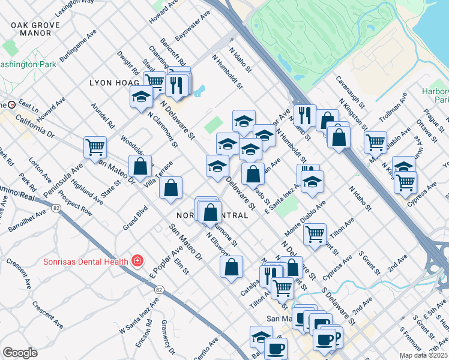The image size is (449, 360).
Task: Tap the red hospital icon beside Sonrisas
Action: (x=137, y=260)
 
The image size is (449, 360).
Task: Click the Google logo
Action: (x=20, y=353)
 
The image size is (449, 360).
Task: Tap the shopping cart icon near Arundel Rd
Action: (x=95, y=146)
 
